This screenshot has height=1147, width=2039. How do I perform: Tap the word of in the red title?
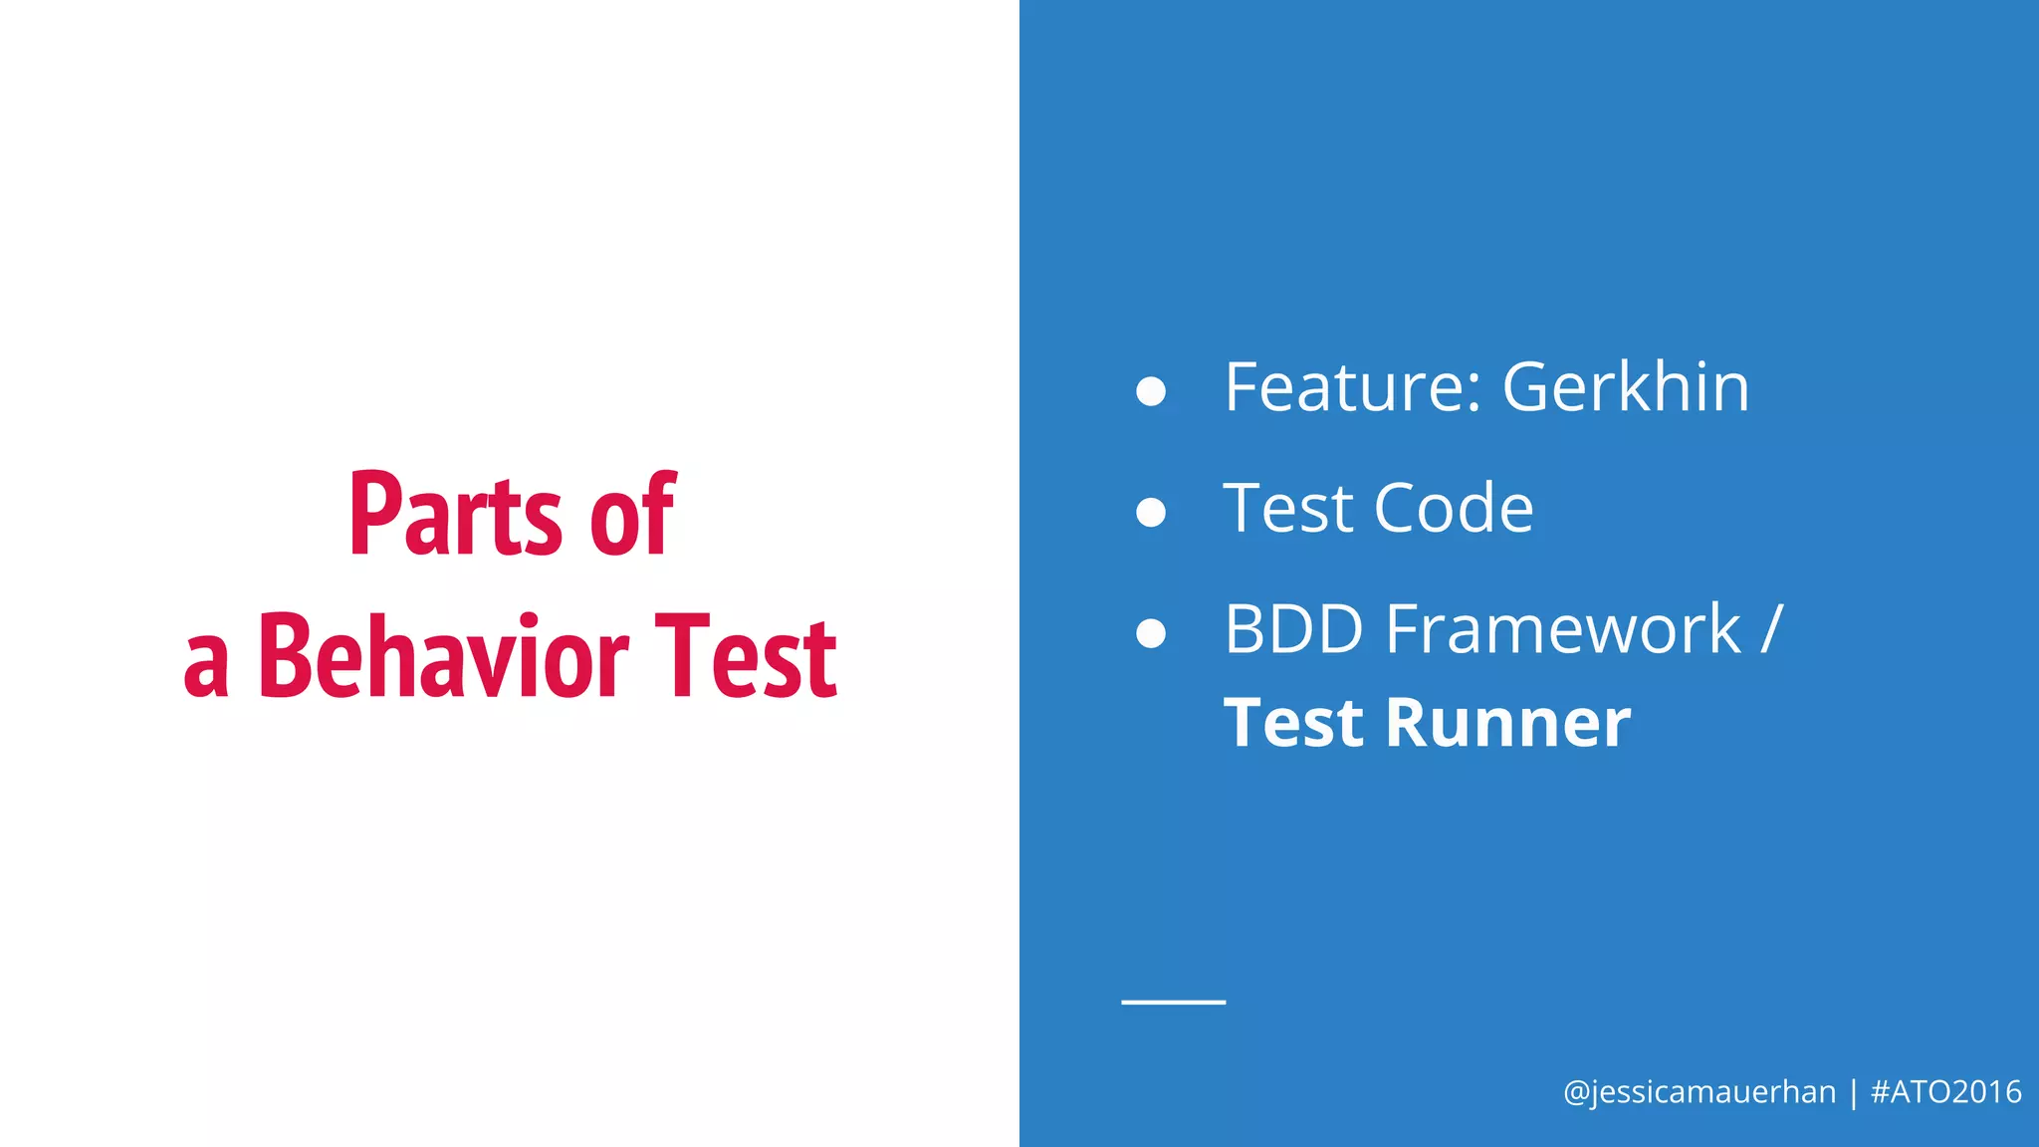pyautogui.click(x=632, y=516)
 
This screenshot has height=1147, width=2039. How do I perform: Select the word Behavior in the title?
pyautogui.click(x=443, y=657)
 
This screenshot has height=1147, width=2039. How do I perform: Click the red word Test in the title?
pyautogui.click(x=746, y=657)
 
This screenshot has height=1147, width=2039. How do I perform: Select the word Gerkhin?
pyautogui.click(x=1625, y=387)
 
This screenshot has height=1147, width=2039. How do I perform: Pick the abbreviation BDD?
pyautogui.click(x=1293, y=630)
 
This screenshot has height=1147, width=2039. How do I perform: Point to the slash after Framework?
pyautogui.click(x=1771, y=630)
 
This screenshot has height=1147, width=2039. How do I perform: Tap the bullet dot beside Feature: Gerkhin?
pyautogui.click(x=1151, y=391)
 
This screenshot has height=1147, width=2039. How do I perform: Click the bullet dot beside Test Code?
pyautogui.click(x=1151, y=512)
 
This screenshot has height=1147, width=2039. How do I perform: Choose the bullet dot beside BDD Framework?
pyautogui.click(x=1151, y=633)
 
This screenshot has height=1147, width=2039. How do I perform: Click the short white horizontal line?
pyautogui.click(x=1173, y=1002)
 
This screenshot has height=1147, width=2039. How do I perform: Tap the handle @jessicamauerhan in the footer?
pyautogui.click(x=1699, y=1092)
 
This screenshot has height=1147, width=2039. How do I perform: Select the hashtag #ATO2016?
pyautogui.click(x=1946, y=1092)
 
